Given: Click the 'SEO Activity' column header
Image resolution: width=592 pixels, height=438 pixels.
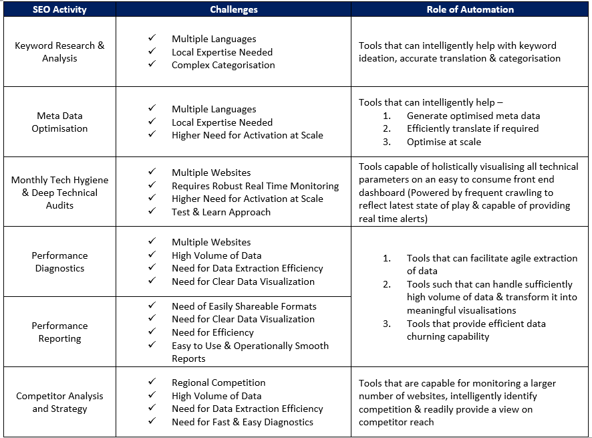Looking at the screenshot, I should click(x=59, y=9).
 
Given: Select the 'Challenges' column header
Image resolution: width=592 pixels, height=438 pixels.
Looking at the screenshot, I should click(x=234, y=9).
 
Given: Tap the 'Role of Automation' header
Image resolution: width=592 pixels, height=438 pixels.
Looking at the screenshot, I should click(x=470, y=9).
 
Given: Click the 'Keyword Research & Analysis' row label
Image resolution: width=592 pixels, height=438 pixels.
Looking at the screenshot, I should click(x=59, y=52).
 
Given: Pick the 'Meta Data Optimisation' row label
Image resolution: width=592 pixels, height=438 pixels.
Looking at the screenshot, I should click(x=59, y=122).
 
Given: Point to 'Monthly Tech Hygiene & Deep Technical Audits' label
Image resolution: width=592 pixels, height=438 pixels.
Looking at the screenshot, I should click(x=59, y=193).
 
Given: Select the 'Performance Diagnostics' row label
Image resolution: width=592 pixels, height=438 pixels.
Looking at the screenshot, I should click(x=59, y=262).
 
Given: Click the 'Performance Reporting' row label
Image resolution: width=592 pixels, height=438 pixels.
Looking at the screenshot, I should click(x=59, y=332).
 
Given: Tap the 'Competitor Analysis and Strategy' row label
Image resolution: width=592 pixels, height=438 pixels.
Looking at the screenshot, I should click(x=59, y=402).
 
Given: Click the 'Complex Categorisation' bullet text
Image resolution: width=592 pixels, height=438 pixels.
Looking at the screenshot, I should click(x=223, y=66).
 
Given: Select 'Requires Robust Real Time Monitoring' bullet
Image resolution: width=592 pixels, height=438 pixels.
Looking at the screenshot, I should click(x=255, y=186).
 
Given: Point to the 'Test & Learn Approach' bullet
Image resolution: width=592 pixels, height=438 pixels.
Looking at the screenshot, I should click(x=221, y=212).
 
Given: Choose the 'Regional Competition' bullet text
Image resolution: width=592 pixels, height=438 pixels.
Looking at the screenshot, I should click(x=218, y=382).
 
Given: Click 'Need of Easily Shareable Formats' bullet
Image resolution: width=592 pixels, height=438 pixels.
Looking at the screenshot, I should click(x=244, y=306).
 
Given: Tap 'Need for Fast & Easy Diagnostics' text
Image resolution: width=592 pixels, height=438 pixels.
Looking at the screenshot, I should click(x=243, y=422).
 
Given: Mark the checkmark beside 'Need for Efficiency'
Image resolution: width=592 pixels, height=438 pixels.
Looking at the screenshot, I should click(x=152, y=332).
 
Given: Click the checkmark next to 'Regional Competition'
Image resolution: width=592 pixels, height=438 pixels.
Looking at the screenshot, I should click(x=152, y=382).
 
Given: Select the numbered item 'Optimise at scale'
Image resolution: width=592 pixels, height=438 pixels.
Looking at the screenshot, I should click(x=444, y=142).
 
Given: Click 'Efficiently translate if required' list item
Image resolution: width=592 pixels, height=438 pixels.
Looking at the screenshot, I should click(x=472, y=128).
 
